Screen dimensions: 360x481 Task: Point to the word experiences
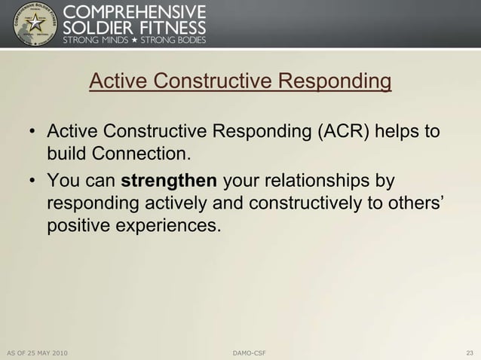click(167, 225)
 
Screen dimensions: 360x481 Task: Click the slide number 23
click(470, 352)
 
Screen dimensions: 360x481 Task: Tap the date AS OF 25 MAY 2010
click(37, 352)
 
